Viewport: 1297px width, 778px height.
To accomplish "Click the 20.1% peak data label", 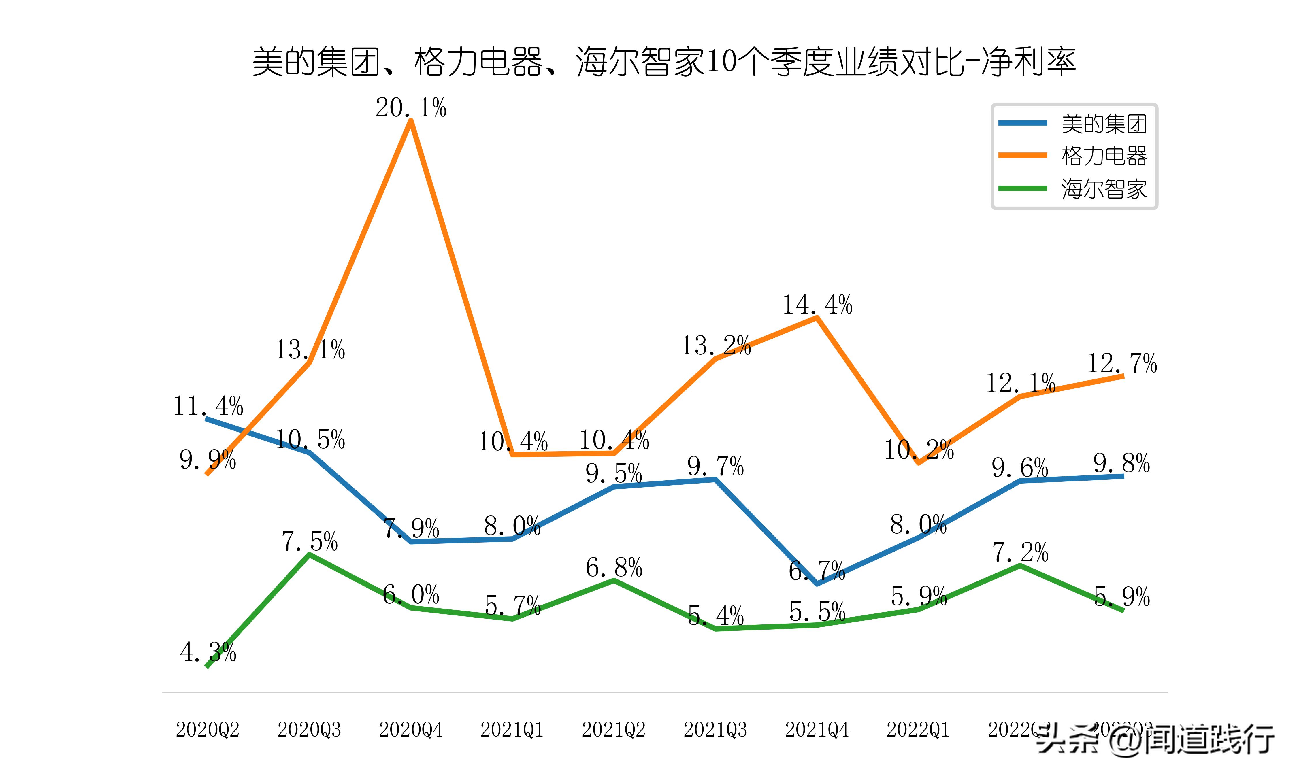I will [x=410, y=108].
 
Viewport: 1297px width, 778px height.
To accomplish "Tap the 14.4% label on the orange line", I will [x=817, y=305].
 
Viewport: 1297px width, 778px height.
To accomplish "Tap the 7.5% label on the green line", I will [x=309, y=541].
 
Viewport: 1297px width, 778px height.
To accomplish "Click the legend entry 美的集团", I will [x=1104, y=124].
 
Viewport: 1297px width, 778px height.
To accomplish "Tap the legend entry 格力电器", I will [x=1104, y=156].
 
